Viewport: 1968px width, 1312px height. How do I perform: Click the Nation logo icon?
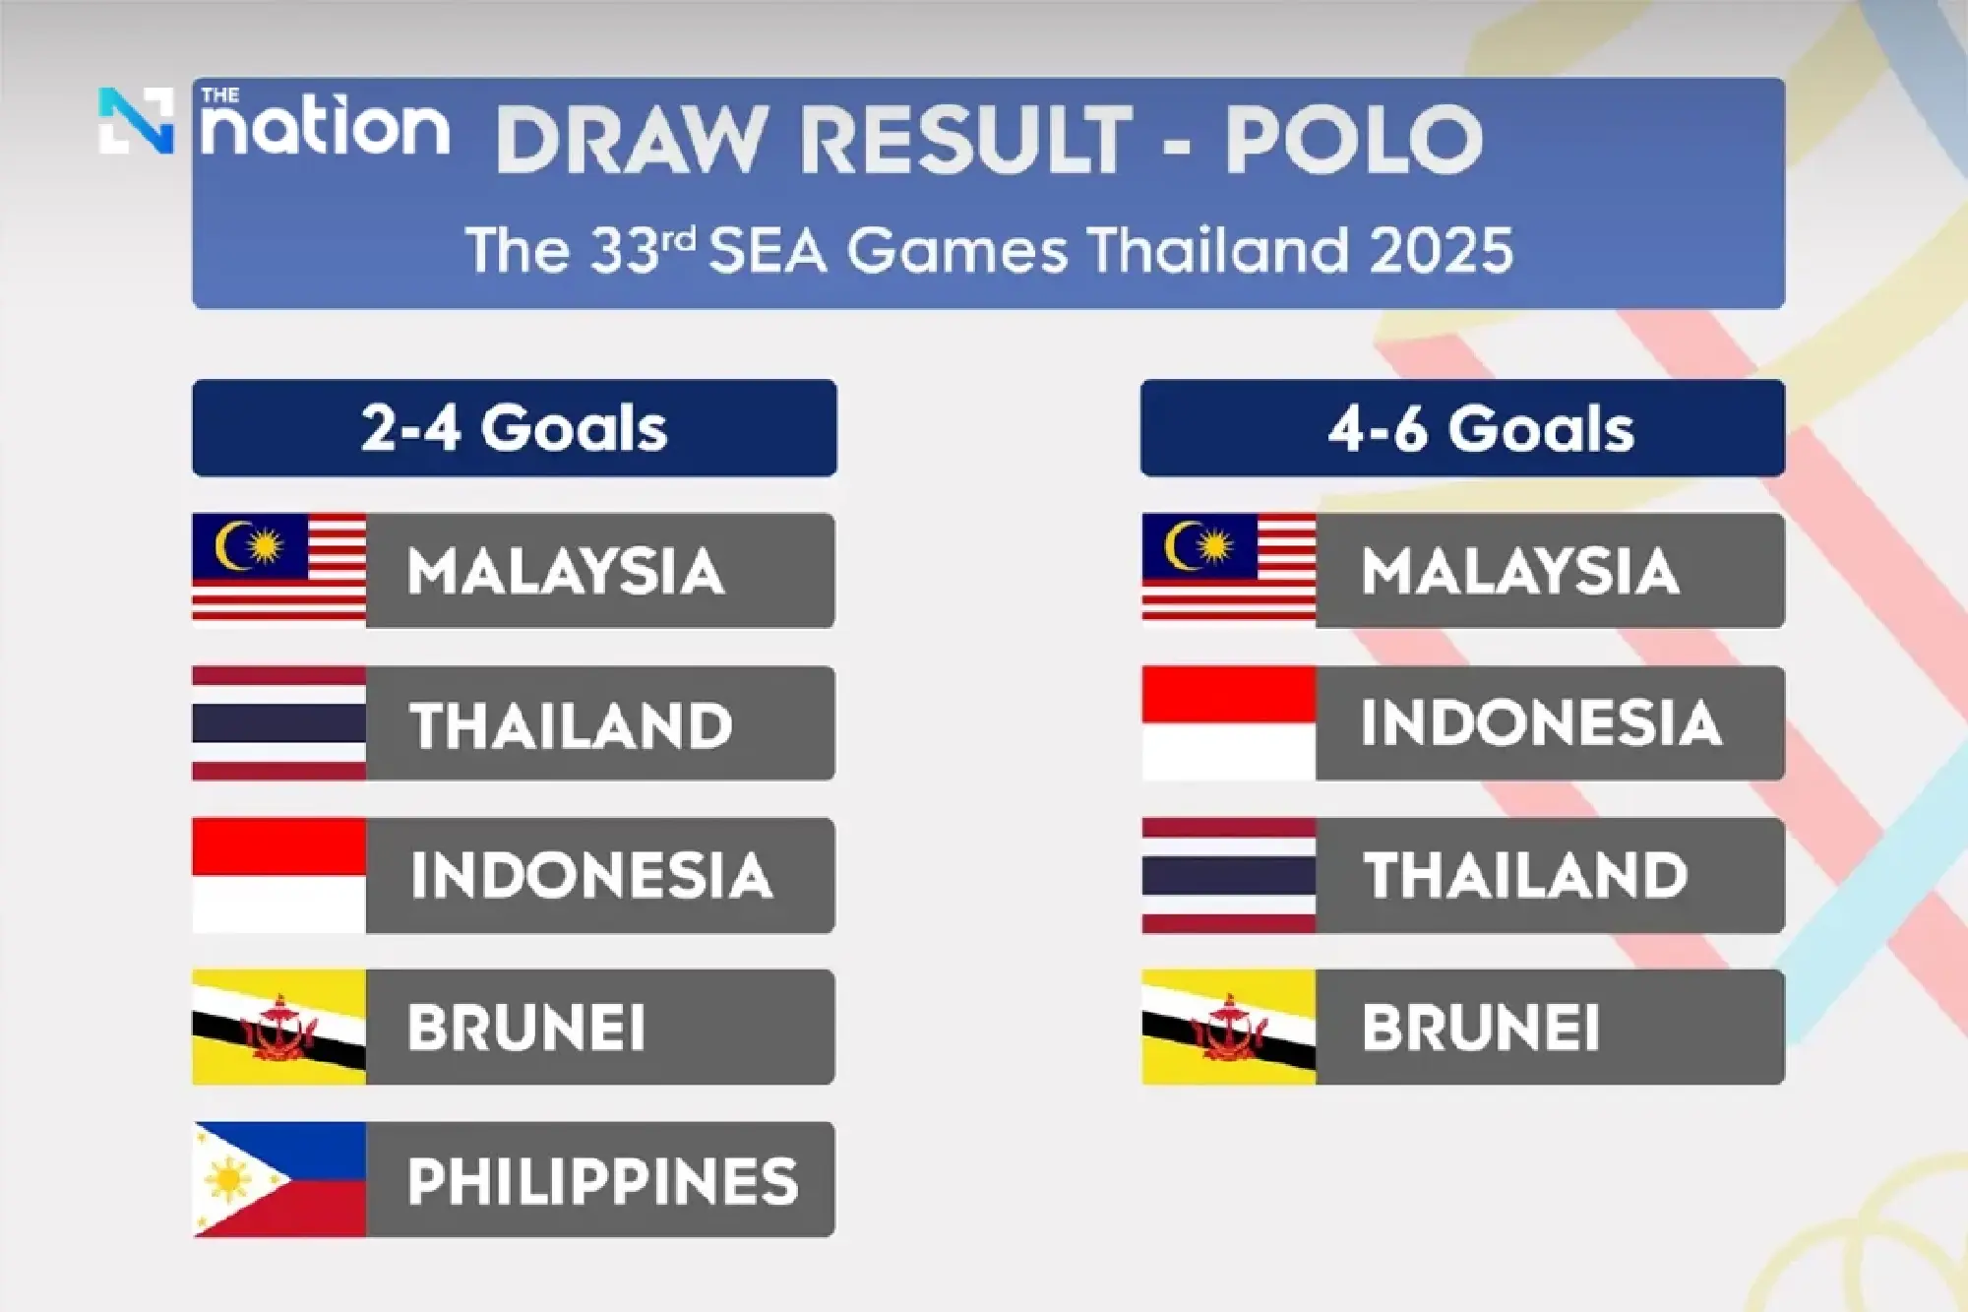(x=136, y=121)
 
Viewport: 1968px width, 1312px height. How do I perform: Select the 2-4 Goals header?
(x=514, y=428)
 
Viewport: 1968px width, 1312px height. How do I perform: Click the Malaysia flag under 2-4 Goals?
(x=279, y=570)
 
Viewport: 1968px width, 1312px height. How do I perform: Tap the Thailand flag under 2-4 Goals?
(x=279, y=723)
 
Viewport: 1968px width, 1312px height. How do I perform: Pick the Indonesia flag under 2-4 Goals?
(x=279, y=875)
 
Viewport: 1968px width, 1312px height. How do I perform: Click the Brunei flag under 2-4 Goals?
(x=279, y=1027)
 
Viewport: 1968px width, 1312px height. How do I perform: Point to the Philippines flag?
(x=279, y=1179)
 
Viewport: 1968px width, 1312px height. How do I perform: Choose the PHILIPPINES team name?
(x=602, y=1180)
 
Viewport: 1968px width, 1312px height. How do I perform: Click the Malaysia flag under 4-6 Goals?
(x=1229, y=570)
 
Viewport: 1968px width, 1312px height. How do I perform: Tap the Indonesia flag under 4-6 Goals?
(x=1229, y=723)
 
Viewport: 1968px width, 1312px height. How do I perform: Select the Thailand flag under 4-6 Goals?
(x=1229, y=875)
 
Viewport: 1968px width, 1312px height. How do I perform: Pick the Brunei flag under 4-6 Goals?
(x=1229, y=1027)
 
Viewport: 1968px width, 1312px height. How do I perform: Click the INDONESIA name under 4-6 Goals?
(x=1541, y=723)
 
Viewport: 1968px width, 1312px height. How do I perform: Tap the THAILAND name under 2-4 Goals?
(x=571, y=725)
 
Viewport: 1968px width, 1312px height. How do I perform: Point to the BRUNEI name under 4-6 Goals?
(x=1480, y=1028)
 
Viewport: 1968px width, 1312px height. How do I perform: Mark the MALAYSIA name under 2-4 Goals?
(x=566, y=571)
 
